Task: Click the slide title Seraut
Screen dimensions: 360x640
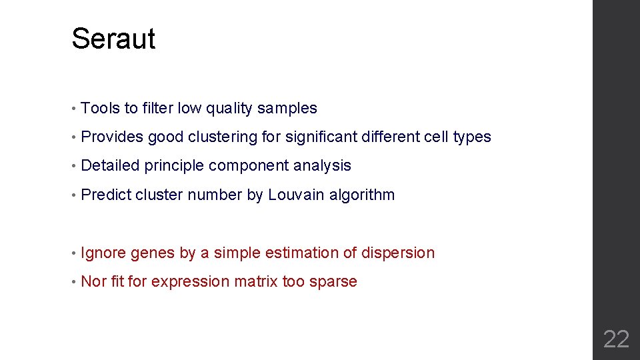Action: coord(113,39)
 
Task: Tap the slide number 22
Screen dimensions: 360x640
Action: coord(615,339)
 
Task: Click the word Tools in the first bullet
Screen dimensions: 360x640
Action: coord(100,108)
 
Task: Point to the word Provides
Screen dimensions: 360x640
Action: coord(112,137)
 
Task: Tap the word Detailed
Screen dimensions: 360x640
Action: coord(110,166)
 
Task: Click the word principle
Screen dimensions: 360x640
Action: coord(174,166)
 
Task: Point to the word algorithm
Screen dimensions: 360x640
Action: coord(362,195)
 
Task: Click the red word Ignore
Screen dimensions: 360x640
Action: coord(103,253)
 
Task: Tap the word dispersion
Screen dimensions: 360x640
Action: coord(398,253)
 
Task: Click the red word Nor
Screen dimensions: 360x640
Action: coord(93,282)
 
